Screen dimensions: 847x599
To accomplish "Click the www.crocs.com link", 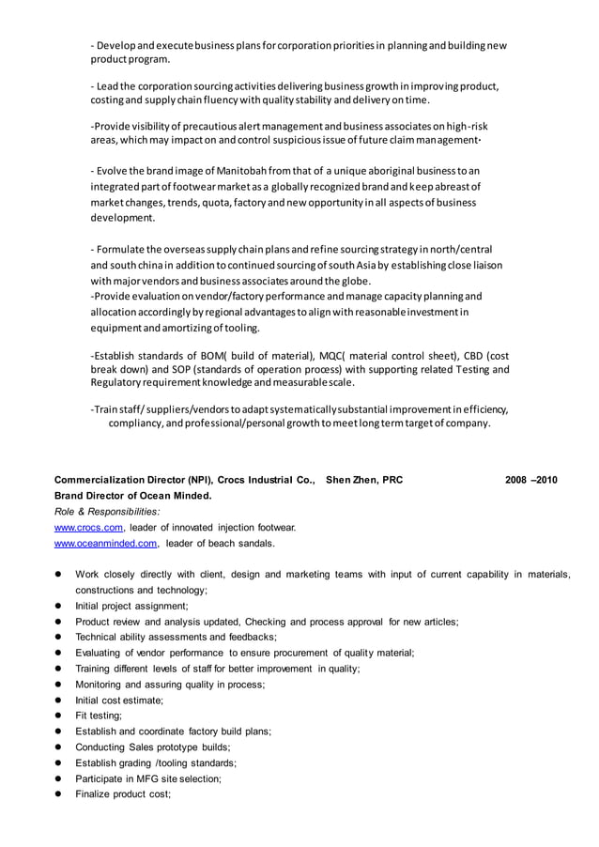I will (x=89, y=528).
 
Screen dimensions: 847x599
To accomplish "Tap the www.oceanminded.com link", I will (x=105, y=544).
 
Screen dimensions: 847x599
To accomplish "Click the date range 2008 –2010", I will (x=530, y=480).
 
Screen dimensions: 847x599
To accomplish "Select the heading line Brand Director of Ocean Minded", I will (x=132, y=496).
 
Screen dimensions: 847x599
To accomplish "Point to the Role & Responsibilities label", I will (x=106, y=512).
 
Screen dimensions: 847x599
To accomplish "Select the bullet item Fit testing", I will (x=99, y=716).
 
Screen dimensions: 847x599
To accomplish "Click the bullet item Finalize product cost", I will (x=123, y=794).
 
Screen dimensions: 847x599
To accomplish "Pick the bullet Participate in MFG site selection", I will (x=148, y=778).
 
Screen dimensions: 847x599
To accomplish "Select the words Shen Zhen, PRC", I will (x=363, y=480).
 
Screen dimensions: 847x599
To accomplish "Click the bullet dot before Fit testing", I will (x=57, y=716).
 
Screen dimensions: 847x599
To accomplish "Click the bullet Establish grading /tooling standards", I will (x=156, y=762).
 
